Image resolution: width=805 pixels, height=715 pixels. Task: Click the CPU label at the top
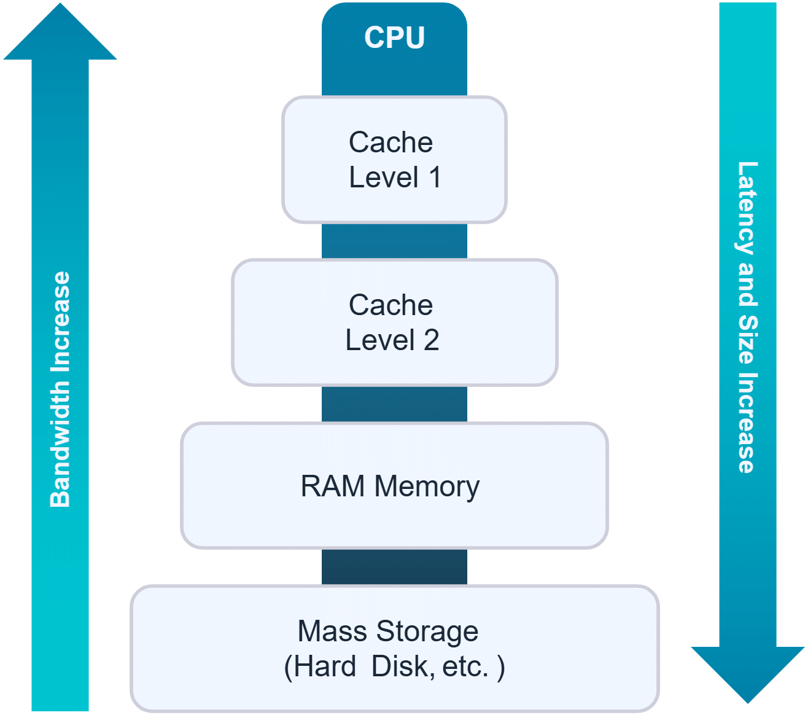tap(394, 37)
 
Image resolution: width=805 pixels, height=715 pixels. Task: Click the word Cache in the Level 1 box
tap(391, 143)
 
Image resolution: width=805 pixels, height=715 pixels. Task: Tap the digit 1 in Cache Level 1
tap(435, 178)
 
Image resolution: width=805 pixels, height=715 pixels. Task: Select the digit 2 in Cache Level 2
tap(431, 340)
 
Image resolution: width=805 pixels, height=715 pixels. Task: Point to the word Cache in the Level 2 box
tap(391, 305)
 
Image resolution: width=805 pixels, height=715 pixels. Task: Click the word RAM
tap(332, 486)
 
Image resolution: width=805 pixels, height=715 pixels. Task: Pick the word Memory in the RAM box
tap(427, 487)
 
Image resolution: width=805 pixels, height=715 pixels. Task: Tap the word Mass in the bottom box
tap(332, 631)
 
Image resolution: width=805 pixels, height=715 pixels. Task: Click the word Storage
tap(427, 631)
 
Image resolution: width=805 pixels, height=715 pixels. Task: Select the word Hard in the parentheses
tap(325, 666)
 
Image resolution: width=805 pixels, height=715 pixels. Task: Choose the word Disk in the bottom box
tap(395, 666)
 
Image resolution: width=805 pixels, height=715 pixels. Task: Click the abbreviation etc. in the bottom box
tap(465, 666)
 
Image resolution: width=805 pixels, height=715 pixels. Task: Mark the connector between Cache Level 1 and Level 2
tap(394, 241)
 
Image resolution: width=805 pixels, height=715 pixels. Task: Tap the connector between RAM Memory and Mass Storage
tap(394, 566)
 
